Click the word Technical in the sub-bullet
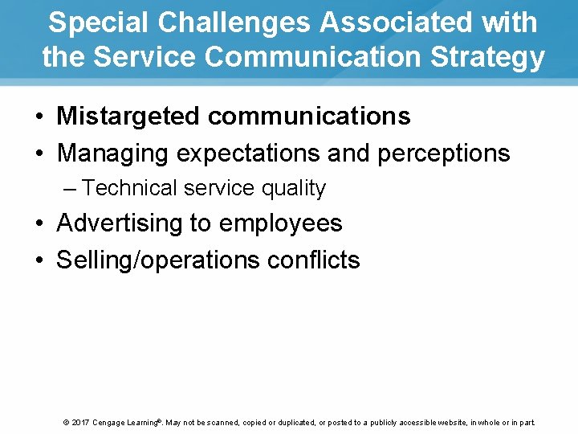pyautogui.click(x=129, y=188)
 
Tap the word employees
pyautogui.click(x=280, y=223)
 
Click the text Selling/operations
pyautogui.click(x=158, y=260)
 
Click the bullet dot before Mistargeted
pyautogui.click(x=39, y=117)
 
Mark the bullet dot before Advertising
pyautogui.click(x=39, y=223)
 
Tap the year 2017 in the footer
pyautogui.click(x=80, y=422)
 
